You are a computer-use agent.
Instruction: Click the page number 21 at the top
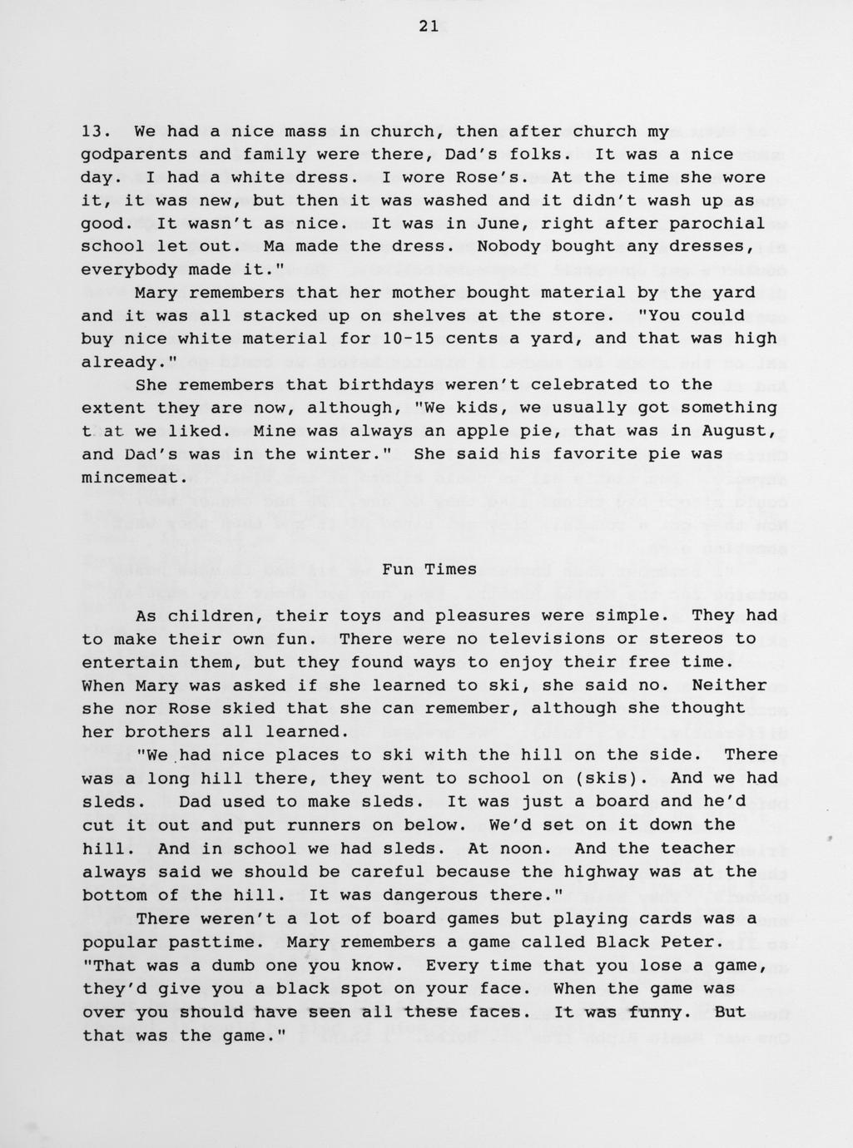point(428,26)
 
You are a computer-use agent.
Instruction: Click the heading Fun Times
point(429,570)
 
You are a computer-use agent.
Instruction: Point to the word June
point(473,224)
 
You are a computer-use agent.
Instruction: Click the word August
point(741,431)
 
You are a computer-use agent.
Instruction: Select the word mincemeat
point(129,478)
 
